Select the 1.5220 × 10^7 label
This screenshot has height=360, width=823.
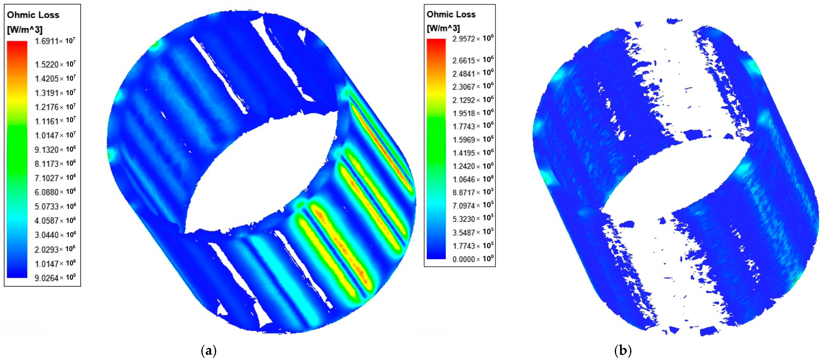click(x=55, y=64)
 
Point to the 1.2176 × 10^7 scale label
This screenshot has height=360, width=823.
click(x=55, y=107)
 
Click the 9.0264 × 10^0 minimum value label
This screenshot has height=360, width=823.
click(x=55, y=278)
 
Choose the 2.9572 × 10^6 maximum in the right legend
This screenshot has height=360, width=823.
click(x=473, y=38)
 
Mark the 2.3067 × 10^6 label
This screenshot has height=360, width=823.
click(x=473, y=86)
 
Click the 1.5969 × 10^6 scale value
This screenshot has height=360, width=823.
click(x=473, y=140)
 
